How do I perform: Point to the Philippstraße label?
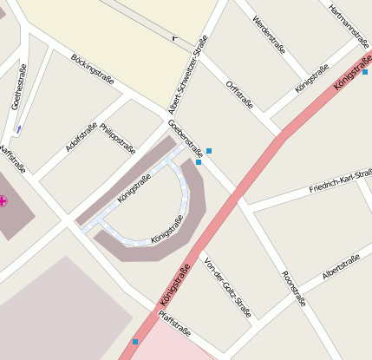pyautogui.click(x=118, y=138)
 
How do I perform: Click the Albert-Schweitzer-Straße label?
pyautogui.click(x=188, y=76)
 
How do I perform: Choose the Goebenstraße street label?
pyautogui.click(x=185, y=136)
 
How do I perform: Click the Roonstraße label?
pyautogui.click(x=294, y=289)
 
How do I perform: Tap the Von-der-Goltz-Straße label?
pyautogui.click(x=227, y=288)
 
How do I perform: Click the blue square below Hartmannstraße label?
pyautogui.click(x=365, y=72)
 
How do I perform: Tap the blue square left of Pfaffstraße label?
pyautogui.click(x=135, y=342)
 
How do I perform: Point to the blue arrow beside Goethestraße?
pyautogui.click(x=19, y=128)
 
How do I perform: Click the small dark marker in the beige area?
pyautogui.click(x=175, y=38)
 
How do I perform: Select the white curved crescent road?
pyautogui.click(x=185, y=195)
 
